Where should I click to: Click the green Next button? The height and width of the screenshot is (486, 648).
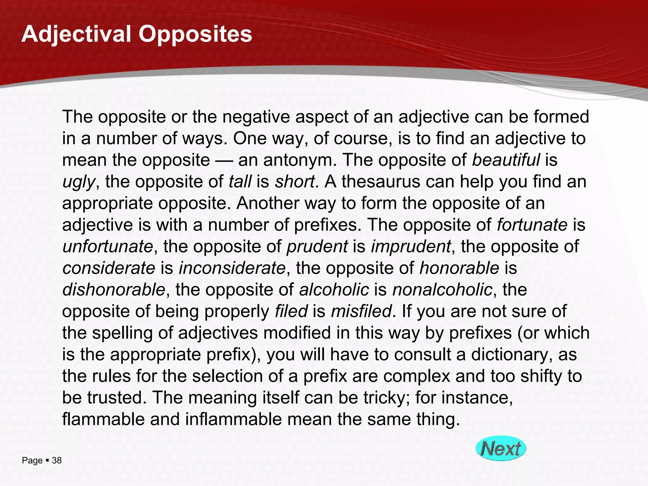[501, 448]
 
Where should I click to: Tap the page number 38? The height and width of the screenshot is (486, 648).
[57, 461]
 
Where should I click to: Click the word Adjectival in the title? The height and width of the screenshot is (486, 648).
[76, 34]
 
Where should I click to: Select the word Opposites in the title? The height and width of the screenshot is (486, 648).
[195, 34]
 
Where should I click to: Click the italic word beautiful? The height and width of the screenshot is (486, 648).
[506, 160]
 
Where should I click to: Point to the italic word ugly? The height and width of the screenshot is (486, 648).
[78, 182]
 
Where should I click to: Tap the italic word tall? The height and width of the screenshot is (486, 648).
[240, 182]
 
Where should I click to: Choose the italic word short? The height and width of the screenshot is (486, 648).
[295, 182]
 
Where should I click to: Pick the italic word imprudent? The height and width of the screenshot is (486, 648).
[411, 246]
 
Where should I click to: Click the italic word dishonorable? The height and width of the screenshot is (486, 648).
[114, 290]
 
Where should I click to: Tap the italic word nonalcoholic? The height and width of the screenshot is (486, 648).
[442, 290]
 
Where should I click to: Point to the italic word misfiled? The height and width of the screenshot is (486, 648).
[361, 311]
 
